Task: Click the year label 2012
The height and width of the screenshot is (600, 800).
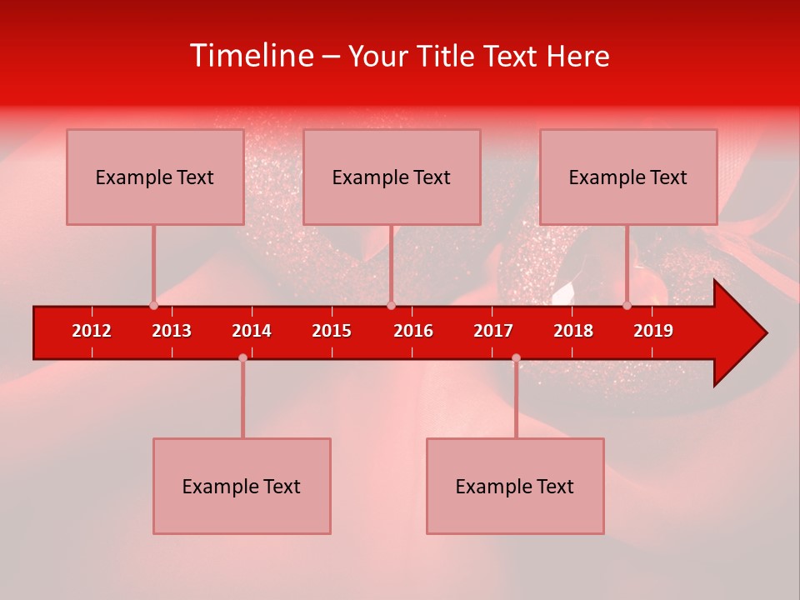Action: [x=92, y=331]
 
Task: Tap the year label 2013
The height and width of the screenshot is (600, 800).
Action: [x=172, y=331]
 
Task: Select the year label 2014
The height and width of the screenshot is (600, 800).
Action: [x=252, y=331]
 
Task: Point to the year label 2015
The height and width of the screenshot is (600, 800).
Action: [x=332, y=331]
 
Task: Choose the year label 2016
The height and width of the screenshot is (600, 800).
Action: [x=413, y=331]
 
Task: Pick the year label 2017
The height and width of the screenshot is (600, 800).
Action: [x=493, y=331]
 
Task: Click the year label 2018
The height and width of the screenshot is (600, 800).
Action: [x=573, y=331]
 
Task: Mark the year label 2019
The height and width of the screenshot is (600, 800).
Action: [x=653, y=331]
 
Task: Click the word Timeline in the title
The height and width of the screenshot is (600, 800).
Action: [x=251, y=56]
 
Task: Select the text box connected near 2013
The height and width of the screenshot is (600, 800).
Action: [x=155, y=177]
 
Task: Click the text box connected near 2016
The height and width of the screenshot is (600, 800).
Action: [x=392, y=177]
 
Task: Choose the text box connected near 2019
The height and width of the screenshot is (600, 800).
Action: [x=628, y=177]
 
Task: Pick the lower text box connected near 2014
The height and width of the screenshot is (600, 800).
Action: [x=242, y=486]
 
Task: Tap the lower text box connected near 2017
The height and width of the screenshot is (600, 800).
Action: [x=515, y=486]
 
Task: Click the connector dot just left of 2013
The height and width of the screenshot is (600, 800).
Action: [x=153, y=306]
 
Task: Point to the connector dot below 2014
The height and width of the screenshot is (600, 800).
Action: [x=242, y=357]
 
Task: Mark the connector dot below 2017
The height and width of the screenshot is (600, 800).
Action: [x=516, y=357]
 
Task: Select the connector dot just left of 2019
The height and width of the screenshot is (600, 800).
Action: [x=627, y=306]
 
